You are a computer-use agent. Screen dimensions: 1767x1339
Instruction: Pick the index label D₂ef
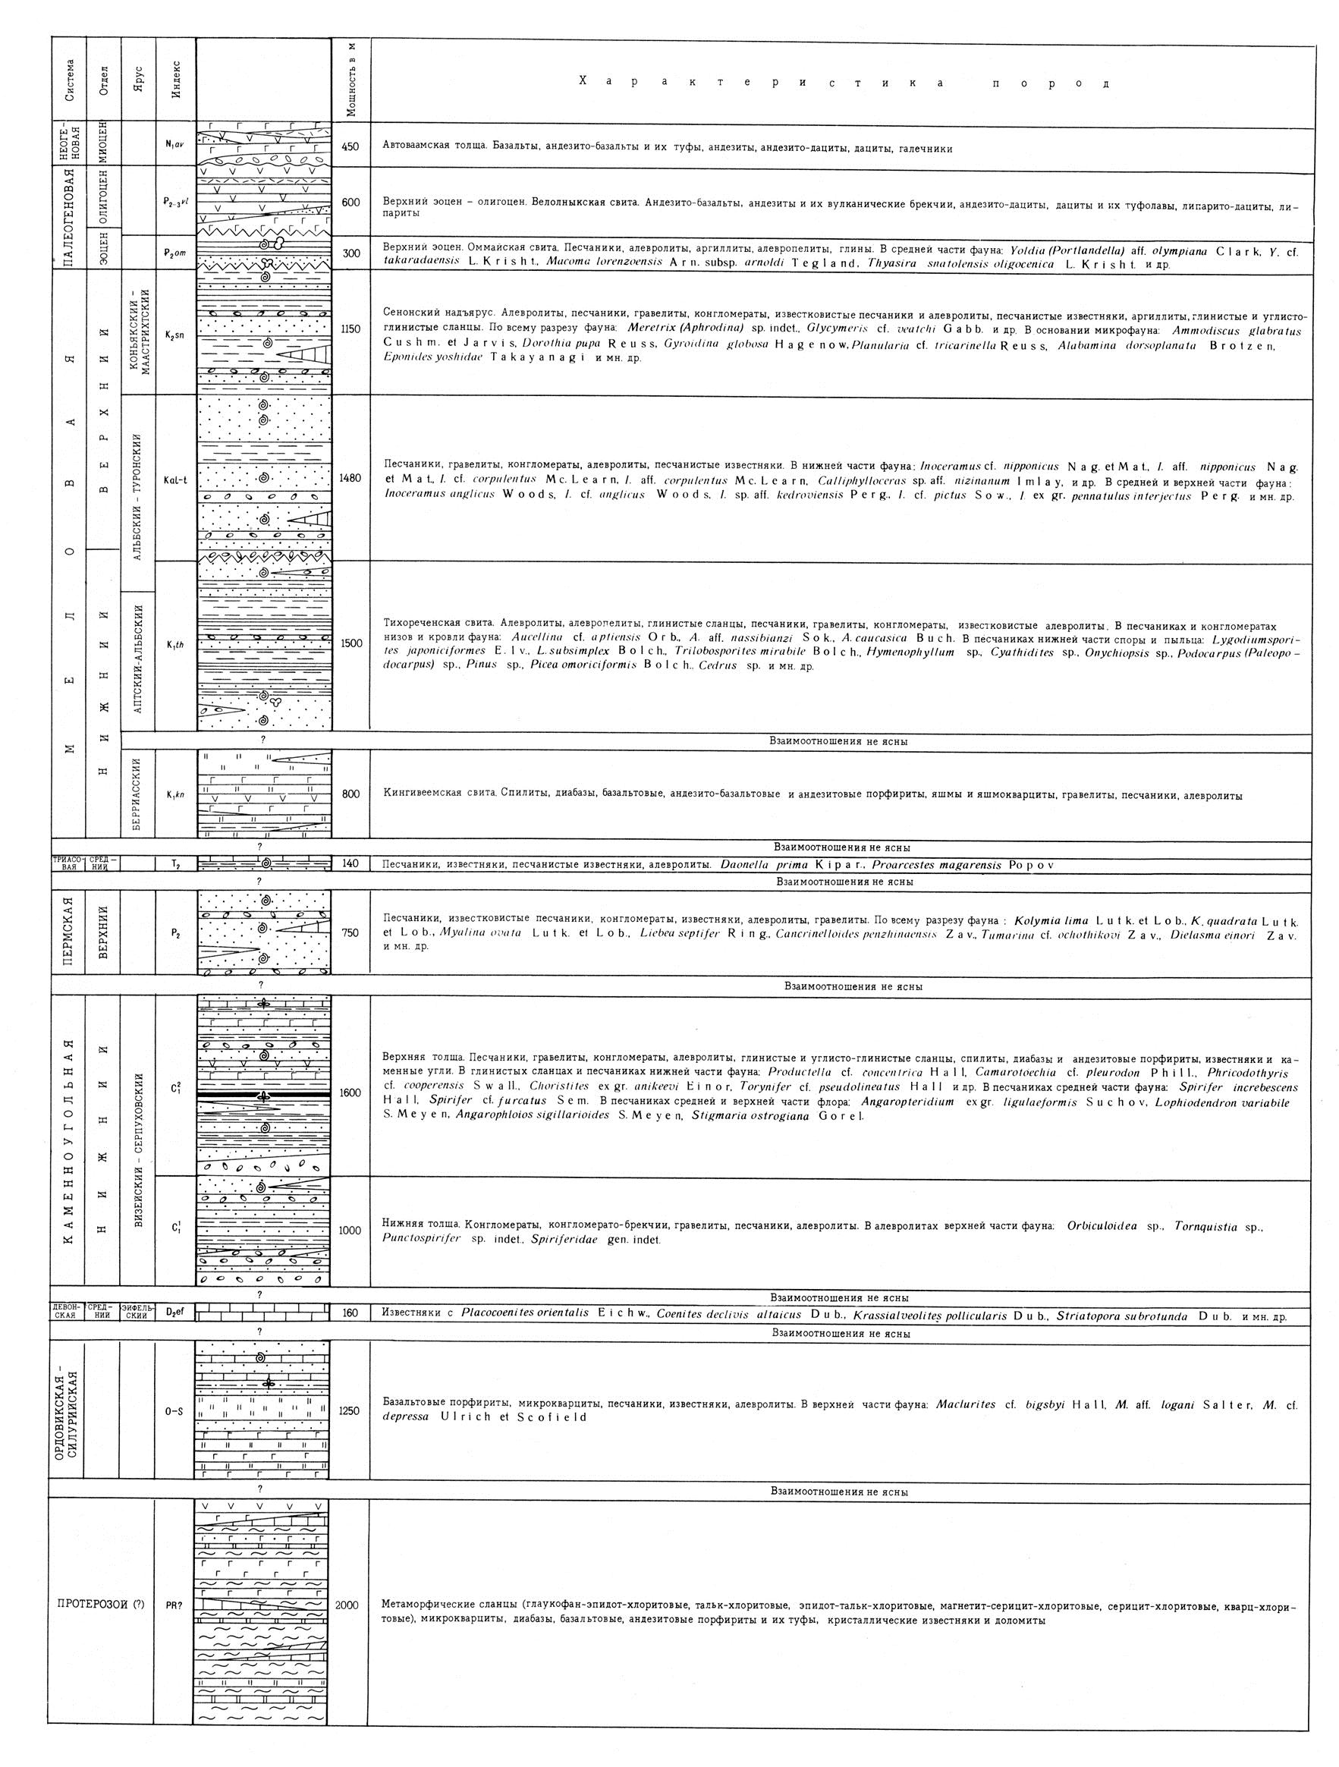point(175,1312)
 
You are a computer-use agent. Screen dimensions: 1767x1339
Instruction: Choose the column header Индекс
point(176,80)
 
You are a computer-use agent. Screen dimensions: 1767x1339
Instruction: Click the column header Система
point(72,80)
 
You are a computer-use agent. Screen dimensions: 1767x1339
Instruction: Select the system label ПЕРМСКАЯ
point(72,932)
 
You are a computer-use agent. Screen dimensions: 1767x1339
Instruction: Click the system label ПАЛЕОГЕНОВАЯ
point(72,217)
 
